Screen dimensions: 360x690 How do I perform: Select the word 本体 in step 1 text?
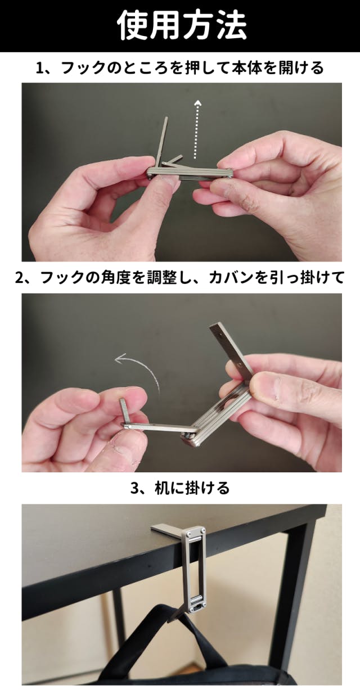[x=246, y=67]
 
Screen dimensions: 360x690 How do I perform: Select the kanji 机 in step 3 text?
[x=161, y=488]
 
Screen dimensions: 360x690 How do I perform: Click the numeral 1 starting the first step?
[x=39, y=68]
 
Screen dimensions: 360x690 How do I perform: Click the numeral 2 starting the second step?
[x=19, y=278]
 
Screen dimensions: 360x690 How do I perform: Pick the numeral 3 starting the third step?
[x=134, y=489]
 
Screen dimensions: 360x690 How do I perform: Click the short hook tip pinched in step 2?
[x=123, y=411]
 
